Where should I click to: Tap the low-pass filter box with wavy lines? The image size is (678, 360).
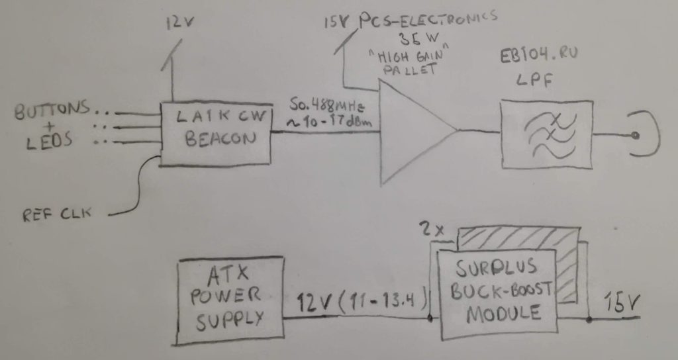pyautogui.click(x=546, y=134)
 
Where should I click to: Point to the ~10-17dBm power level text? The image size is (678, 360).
pyautogui.click(x=324, y=123)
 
